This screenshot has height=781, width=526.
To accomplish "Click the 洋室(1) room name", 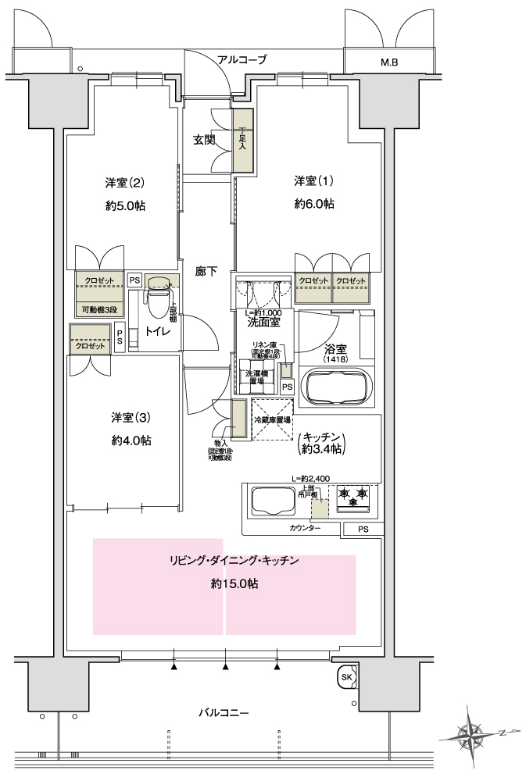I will coord(313,182).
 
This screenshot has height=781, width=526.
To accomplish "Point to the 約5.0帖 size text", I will coord(126,205).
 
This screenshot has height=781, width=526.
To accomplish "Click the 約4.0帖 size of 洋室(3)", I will coord(131,440).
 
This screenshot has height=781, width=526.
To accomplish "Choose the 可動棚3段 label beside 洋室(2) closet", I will coord(100,310).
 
